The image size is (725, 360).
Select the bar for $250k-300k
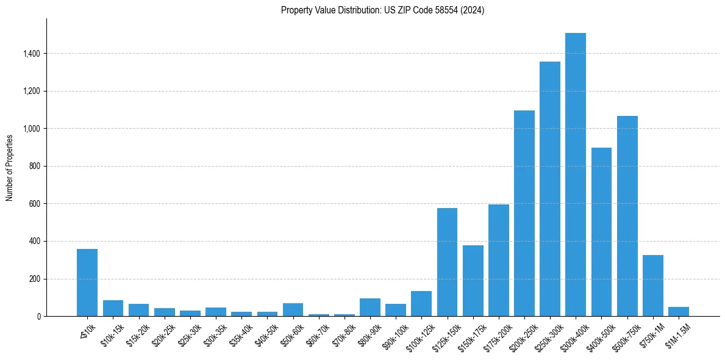[550, 189]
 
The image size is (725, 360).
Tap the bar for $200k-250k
[524, 214]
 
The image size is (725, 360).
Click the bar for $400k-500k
[601, 232]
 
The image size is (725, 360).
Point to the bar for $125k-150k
[447, 262]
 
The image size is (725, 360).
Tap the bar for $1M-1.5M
[679, 312]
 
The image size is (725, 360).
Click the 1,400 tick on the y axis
[31, 54]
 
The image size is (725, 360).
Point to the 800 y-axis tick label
[34, 166]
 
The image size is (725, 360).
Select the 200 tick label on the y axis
[34, 279]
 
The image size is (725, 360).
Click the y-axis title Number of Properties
[10, 167]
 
